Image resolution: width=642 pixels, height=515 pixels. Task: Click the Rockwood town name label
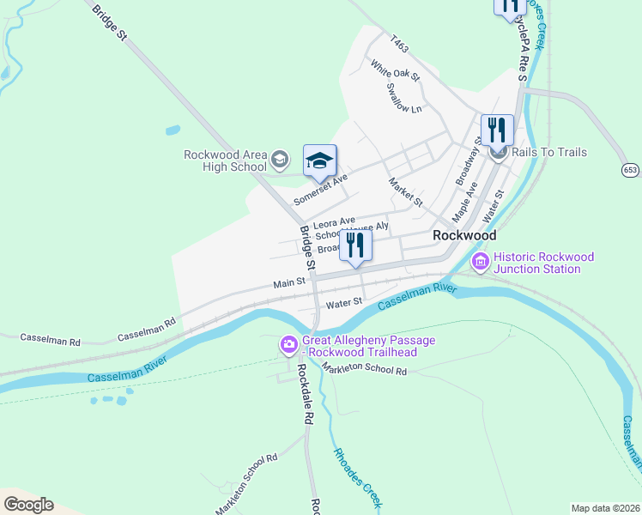464,234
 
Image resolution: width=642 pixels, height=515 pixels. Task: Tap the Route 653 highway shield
631,170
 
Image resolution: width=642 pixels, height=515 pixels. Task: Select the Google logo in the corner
28,505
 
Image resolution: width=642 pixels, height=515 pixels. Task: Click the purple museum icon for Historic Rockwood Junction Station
480,260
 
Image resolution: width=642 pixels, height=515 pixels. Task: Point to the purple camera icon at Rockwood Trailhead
288,345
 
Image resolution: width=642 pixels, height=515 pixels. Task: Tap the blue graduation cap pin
320,161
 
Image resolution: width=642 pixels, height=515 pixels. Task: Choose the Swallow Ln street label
404,98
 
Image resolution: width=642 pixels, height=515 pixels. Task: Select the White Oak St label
395,70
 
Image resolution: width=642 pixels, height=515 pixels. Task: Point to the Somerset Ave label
319,186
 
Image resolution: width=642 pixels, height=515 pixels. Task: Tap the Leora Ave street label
334,221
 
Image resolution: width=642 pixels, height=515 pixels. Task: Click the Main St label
289,282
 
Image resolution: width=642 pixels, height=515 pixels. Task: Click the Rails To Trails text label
550,153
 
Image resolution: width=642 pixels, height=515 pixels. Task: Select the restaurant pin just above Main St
354,245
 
